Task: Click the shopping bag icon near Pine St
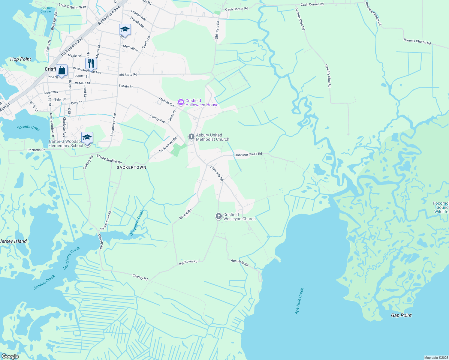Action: (x=62, y=71)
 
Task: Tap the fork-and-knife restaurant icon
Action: (x=91, y=64)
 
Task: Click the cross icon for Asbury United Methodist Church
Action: (x=191, y=137)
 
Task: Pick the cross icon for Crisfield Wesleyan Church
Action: (x=219, y=216)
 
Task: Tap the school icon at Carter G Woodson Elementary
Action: (x=87, y=138)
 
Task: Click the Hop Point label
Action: (x=20, y=59)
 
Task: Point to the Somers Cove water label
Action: (x=28, y=128)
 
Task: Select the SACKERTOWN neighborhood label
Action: (x=131, y=167)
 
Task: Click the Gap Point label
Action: (x=401, y=315)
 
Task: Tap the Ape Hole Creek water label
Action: (x=299, y=301)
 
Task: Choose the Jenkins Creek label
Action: (x=44, y=282)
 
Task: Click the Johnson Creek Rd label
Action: (x=249, y=154)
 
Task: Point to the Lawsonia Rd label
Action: (x=217, y=173)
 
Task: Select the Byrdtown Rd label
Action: (x=188, y=262)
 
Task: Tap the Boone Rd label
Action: (x=185, y=214)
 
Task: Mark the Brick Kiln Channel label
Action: (x=46, y=10)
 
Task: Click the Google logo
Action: (x=10, y=356)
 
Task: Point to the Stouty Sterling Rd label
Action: (x=109, y=159)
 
